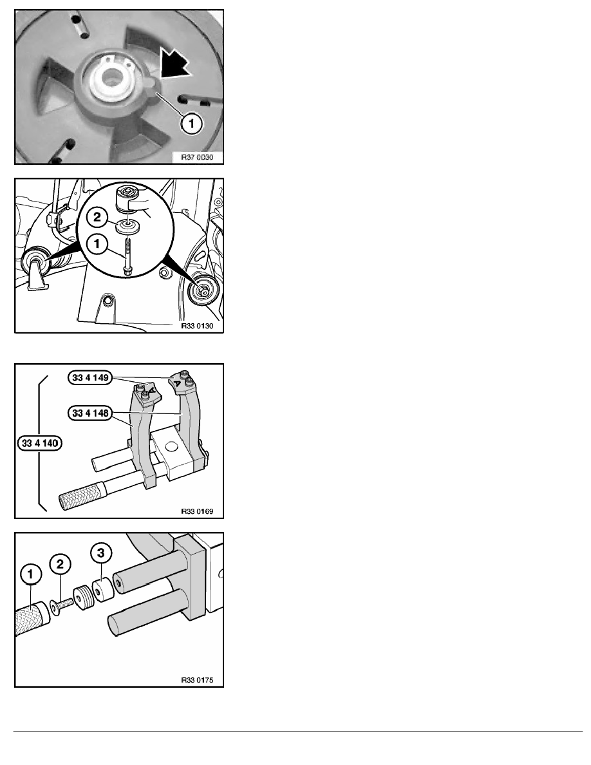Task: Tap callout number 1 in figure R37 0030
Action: pos(191,124)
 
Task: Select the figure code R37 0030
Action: pos(197,157)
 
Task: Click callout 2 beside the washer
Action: pos(97,217)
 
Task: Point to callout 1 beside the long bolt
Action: pos(97,243)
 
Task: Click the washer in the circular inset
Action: pos(129,226)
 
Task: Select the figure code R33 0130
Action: pos(197,326)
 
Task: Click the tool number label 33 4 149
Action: pos(90,377)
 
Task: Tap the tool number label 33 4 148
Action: pos(90,413)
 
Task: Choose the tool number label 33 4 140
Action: pos(40,444)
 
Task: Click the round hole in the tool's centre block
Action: pos(171,446)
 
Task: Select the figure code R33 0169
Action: pos(197,511)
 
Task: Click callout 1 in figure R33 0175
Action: pos(30,574)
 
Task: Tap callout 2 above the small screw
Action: pos(60,565)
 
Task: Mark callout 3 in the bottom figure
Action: pos(100,552)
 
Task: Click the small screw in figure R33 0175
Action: pos(62,605)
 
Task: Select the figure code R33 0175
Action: pos(197,680)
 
